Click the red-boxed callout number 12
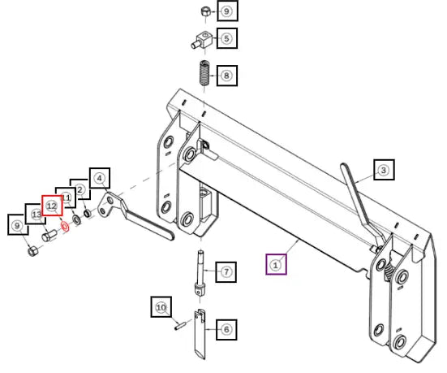click(52, 206)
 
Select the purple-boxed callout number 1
click(276, 264)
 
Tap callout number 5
click(226, 38)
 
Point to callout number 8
click(226, 76)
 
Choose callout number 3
click(384, 170)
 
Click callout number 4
click(100, 178)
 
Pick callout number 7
click(226, 271)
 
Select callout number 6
click(226, 329)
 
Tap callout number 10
click(161, 307)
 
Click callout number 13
click(37, 215)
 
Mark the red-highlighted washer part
click(65, 227)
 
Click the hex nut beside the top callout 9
click(205, 12)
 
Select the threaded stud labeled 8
click(204, 72)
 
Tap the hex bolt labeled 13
click(49, 236)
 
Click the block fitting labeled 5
click(202, 41)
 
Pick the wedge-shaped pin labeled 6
click(200, 333)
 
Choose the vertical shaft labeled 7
click(200, 274)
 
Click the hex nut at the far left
click(32, 251)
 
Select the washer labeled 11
click(76, 219)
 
